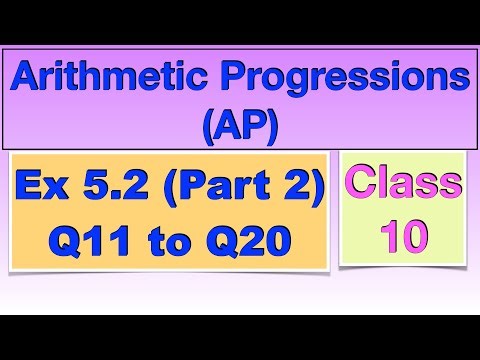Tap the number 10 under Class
pos(404,236)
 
